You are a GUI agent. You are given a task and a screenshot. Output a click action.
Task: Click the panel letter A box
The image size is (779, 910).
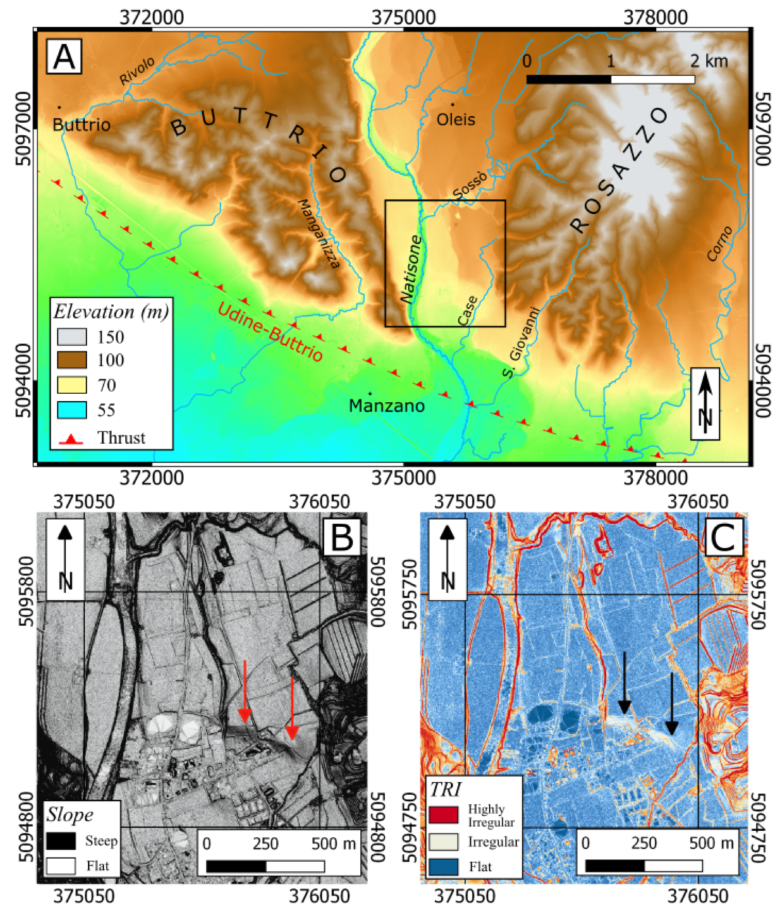tap(64, 56)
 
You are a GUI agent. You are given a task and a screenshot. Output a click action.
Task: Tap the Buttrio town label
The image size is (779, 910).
tap(81, 125)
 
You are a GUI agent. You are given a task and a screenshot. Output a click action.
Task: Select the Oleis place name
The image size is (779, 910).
tap(456, 120)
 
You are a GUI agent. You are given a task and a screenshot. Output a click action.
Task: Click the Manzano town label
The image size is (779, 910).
tap(386, 405)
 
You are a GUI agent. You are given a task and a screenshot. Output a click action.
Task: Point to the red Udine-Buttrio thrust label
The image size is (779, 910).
tap(270, 332)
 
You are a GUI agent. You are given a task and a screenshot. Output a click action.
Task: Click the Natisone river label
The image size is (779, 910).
tap(411, 269)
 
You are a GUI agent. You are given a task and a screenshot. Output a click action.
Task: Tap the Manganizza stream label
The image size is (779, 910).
tap(319, 233)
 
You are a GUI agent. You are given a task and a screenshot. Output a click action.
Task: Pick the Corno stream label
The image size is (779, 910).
tap(719, 243)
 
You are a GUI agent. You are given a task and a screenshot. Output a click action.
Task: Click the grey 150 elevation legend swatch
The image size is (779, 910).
tap(72, 337)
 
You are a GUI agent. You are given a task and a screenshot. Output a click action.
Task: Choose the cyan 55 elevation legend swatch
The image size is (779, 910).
tap(72, 410)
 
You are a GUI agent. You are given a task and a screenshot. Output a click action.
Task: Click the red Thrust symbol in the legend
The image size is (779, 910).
tap(71, 438)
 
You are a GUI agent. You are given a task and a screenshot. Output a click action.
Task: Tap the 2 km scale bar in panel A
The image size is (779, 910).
tap(610, 79)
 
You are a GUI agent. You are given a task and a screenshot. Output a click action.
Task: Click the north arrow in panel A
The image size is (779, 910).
tap(705, 403)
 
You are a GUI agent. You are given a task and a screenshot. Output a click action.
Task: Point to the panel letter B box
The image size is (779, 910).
tap(341, 537)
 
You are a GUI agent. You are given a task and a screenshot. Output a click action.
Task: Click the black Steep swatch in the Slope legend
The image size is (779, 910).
tap(61, 841)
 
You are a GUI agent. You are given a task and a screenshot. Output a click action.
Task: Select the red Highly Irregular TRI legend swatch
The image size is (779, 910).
tap(443, 815)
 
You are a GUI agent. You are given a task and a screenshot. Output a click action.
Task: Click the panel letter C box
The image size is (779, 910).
tap(723, 537)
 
